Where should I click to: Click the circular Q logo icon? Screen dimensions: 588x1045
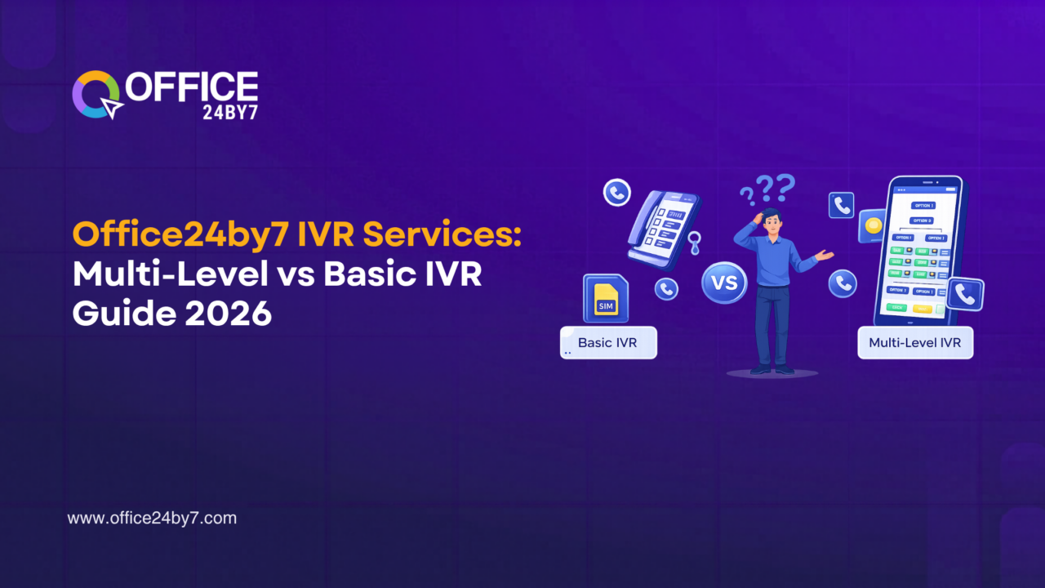coord(96,95)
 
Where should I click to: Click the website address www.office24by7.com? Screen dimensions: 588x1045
coord(152,518)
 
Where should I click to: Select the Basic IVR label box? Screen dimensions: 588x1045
coord(608,343)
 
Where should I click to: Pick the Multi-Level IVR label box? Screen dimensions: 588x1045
coord(914,343)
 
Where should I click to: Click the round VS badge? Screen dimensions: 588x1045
coord(723,283)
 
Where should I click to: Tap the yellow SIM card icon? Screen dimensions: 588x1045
coord(606,298)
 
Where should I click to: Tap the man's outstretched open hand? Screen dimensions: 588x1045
coord(825,256)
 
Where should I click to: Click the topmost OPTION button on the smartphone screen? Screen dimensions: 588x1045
coord(923,205)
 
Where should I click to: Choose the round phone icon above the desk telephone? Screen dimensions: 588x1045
coord(616,193)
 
